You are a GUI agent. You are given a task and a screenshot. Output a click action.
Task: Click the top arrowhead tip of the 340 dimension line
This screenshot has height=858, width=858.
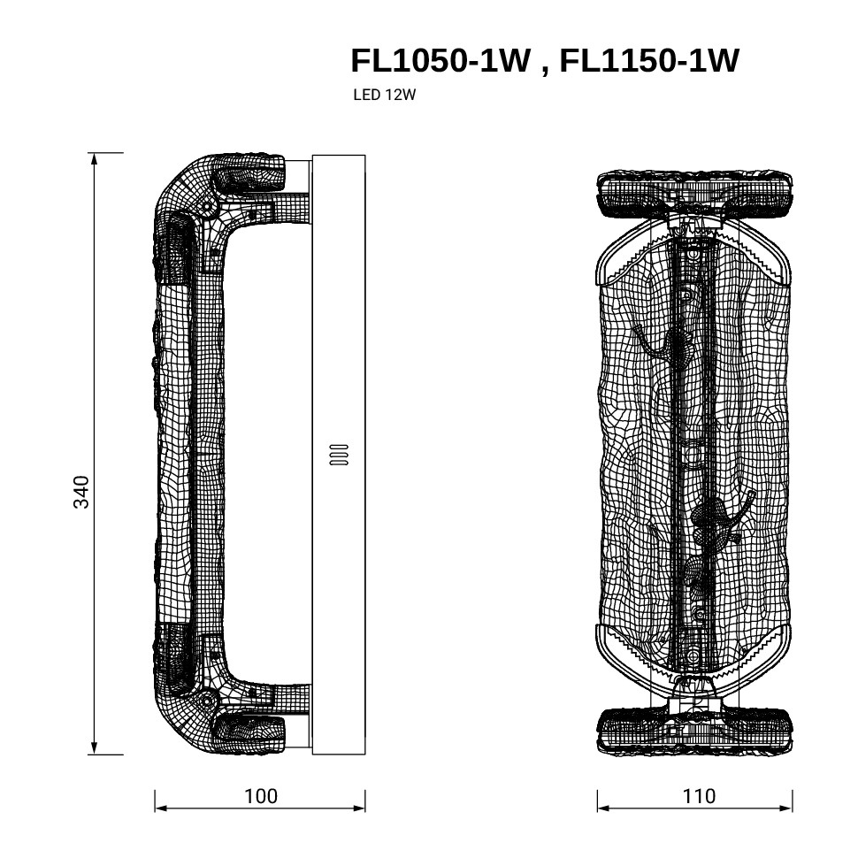[x=95, y=154]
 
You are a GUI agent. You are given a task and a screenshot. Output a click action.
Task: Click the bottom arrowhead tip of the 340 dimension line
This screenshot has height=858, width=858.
[x=95, y=755]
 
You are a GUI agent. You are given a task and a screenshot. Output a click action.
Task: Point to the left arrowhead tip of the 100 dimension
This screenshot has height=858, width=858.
[x=156, y=808]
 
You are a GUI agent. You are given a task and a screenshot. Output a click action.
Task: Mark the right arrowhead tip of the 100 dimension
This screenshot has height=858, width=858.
[x=365, y=808]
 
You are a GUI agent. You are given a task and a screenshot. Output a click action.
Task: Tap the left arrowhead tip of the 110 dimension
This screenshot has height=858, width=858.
[x=598, y=808]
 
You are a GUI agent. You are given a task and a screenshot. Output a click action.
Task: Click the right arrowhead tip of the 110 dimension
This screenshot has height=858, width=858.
[x=793, y=808]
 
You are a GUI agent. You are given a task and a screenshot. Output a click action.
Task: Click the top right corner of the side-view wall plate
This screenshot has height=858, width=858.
[x=365, y=156]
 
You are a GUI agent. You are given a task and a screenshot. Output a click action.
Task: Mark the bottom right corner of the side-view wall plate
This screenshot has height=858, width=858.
[x=365, y=754]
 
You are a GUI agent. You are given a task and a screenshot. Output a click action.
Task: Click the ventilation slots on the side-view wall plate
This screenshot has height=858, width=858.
[x=339, y=454]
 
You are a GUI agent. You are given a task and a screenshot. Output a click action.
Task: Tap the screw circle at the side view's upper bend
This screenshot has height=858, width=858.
[x=207, y=208]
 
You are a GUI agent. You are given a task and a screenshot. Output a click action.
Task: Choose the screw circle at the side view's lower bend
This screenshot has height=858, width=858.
[x=207, y=700]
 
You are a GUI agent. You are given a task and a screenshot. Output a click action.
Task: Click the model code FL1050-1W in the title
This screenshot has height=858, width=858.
[x=440, y=60]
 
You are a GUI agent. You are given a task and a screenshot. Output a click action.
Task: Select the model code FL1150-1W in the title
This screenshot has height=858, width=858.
[x=649, y=60]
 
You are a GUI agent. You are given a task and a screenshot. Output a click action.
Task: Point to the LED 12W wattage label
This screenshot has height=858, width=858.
[x=384, y=95]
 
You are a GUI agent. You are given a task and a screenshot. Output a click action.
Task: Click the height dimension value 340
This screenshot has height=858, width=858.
[x=81, y=492]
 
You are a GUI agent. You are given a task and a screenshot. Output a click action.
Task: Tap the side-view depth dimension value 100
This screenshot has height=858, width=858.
[x=260, y=796]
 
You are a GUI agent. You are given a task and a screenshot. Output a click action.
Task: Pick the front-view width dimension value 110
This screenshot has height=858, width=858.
[x=699, y=796]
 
